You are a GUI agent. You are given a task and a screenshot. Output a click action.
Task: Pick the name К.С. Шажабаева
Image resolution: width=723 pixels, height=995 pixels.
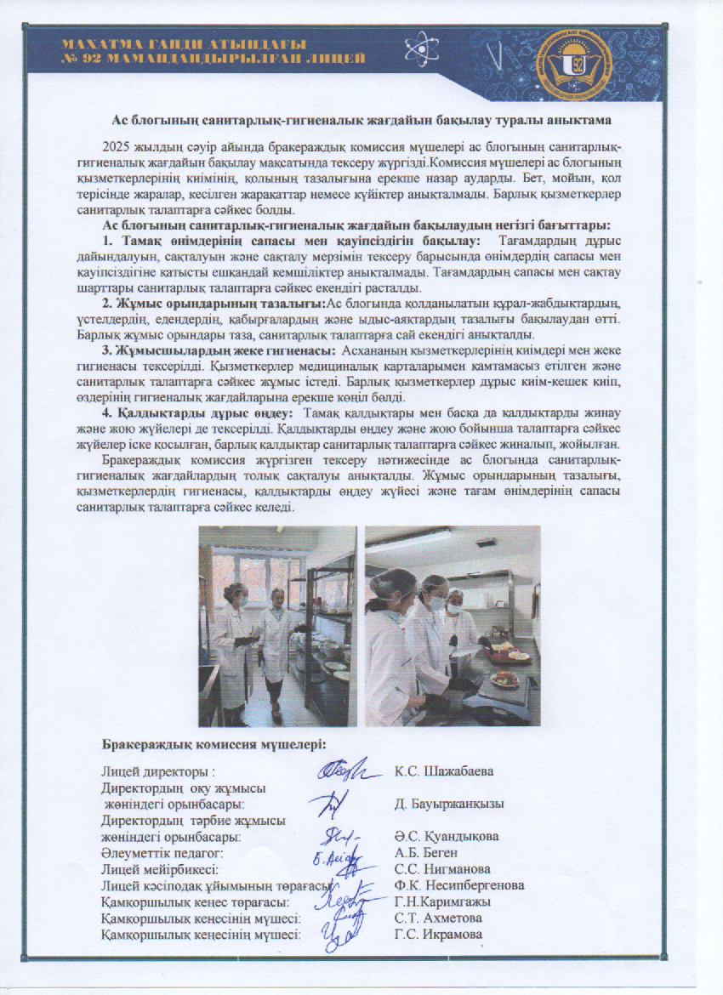click(x=444, y=771)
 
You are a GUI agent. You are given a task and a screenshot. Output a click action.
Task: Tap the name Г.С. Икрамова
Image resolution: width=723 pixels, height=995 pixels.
click(x=439, y=935)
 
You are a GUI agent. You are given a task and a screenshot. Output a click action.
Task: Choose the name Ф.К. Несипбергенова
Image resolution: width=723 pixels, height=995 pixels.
click(x=459, y=885)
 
